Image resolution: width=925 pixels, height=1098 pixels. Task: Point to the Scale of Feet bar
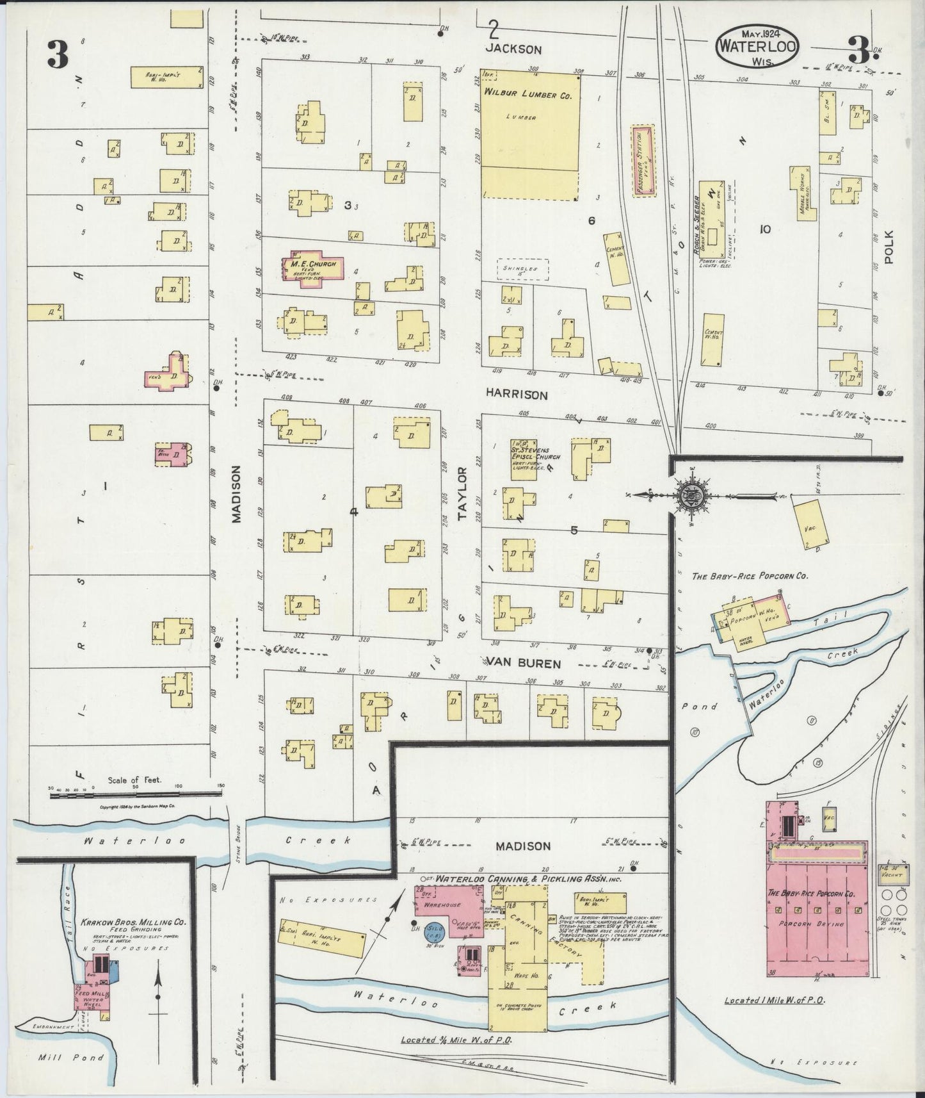point(136,795)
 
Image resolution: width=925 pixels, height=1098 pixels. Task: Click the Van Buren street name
point(523,663)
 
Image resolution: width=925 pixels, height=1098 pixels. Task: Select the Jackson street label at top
point(513,49)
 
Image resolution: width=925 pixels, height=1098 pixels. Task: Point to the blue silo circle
point(435,935)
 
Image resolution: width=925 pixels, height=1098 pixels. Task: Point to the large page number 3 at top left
point(57,55)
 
